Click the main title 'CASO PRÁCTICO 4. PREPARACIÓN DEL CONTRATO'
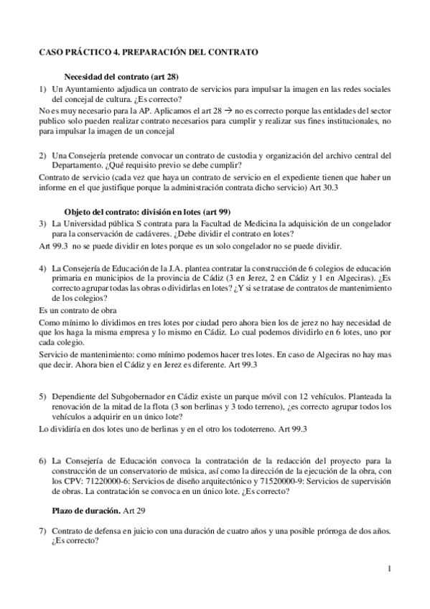click(149, 53)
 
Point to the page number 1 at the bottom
click(388, 570)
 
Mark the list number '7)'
click(43, 530)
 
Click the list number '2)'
click(43, 156)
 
